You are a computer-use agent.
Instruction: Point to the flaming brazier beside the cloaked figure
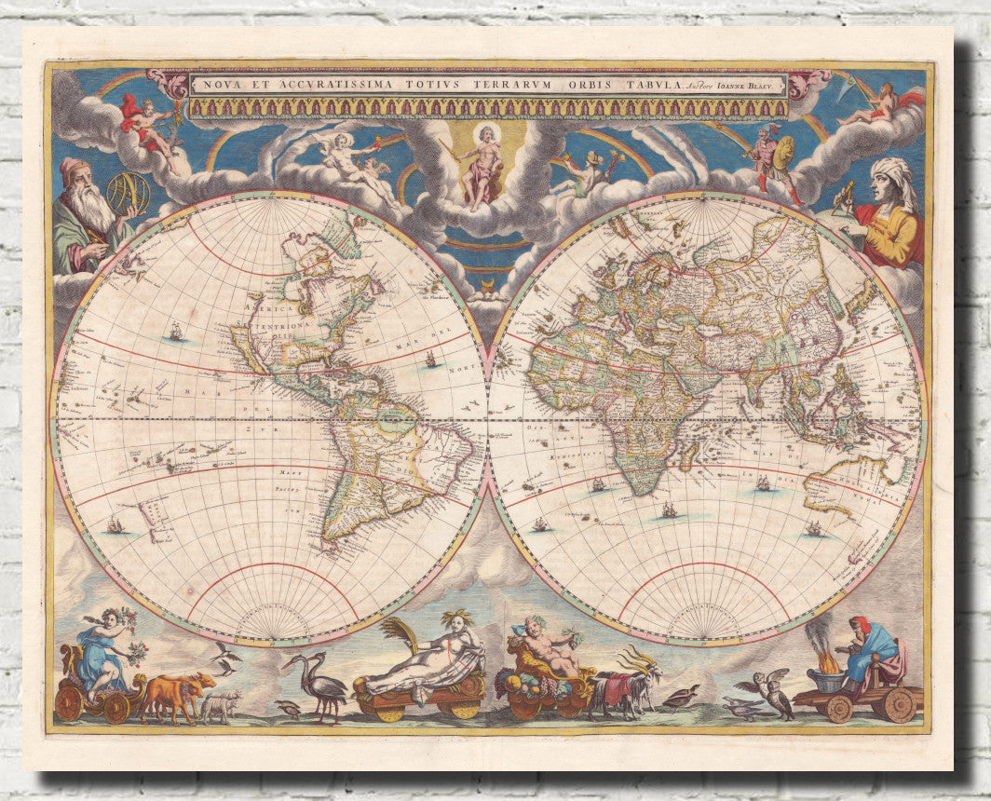[x=826, y=667]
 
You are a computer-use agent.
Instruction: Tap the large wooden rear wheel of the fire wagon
[x=898, y=705]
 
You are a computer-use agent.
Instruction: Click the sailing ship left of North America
[x=175, y=331]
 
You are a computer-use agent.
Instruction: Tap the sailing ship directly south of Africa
[x=669, y=510]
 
